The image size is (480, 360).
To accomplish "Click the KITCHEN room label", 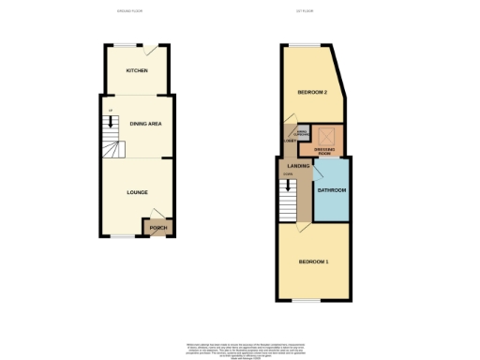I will pos(136,71).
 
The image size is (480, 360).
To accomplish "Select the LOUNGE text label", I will pos(136,192).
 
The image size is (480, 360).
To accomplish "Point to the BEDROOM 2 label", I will pos(312,92).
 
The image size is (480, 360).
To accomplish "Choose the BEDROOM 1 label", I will pos(312,261).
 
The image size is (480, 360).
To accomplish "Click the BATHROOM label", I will pos(331,190).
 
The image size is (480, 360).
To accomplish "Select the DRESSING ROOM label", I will pos(325,151).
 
